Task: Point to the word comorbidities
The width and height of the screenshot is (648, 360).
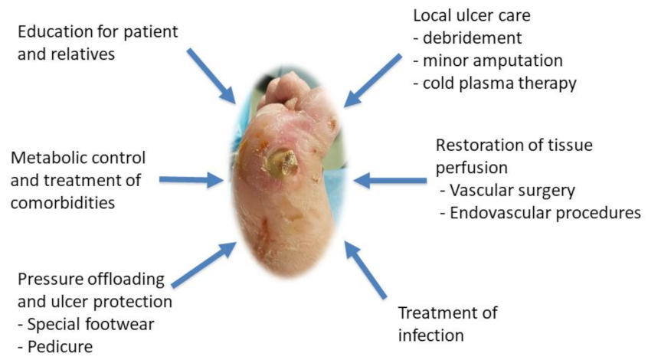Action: coord(63,203)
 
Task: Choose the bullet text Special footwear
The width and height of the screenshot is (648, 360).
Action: coord(86,325)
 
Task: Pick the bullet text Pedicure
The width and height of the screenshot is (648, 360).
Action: coord(55,347)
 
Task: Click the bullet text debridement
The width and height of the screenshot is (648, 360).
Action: coord(467,38)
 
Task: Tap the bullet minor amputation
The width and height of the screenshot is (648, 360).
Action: coord(488,61)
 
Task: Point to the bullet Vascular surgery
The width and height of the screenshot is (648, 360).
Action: coord(508,191)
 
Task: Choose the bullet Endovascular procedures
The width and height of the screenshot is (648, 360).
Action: coord(540,213)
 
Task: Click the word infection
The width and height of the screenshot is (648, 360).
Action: coord(431,335)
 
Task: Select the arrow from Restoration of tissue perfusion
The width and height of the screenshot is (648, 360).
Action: coord(390,181)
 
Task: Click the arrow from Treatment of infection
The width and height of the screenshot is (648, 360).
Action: coord(365,270)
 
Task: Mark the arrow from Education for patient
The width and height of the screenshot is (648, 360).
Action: coord(211,76)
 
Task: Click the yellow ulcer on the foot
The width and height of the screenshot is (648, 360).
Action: coord(281,163)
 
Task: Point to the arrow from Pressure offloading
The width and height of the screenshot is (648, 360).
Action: coord(204,264)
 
